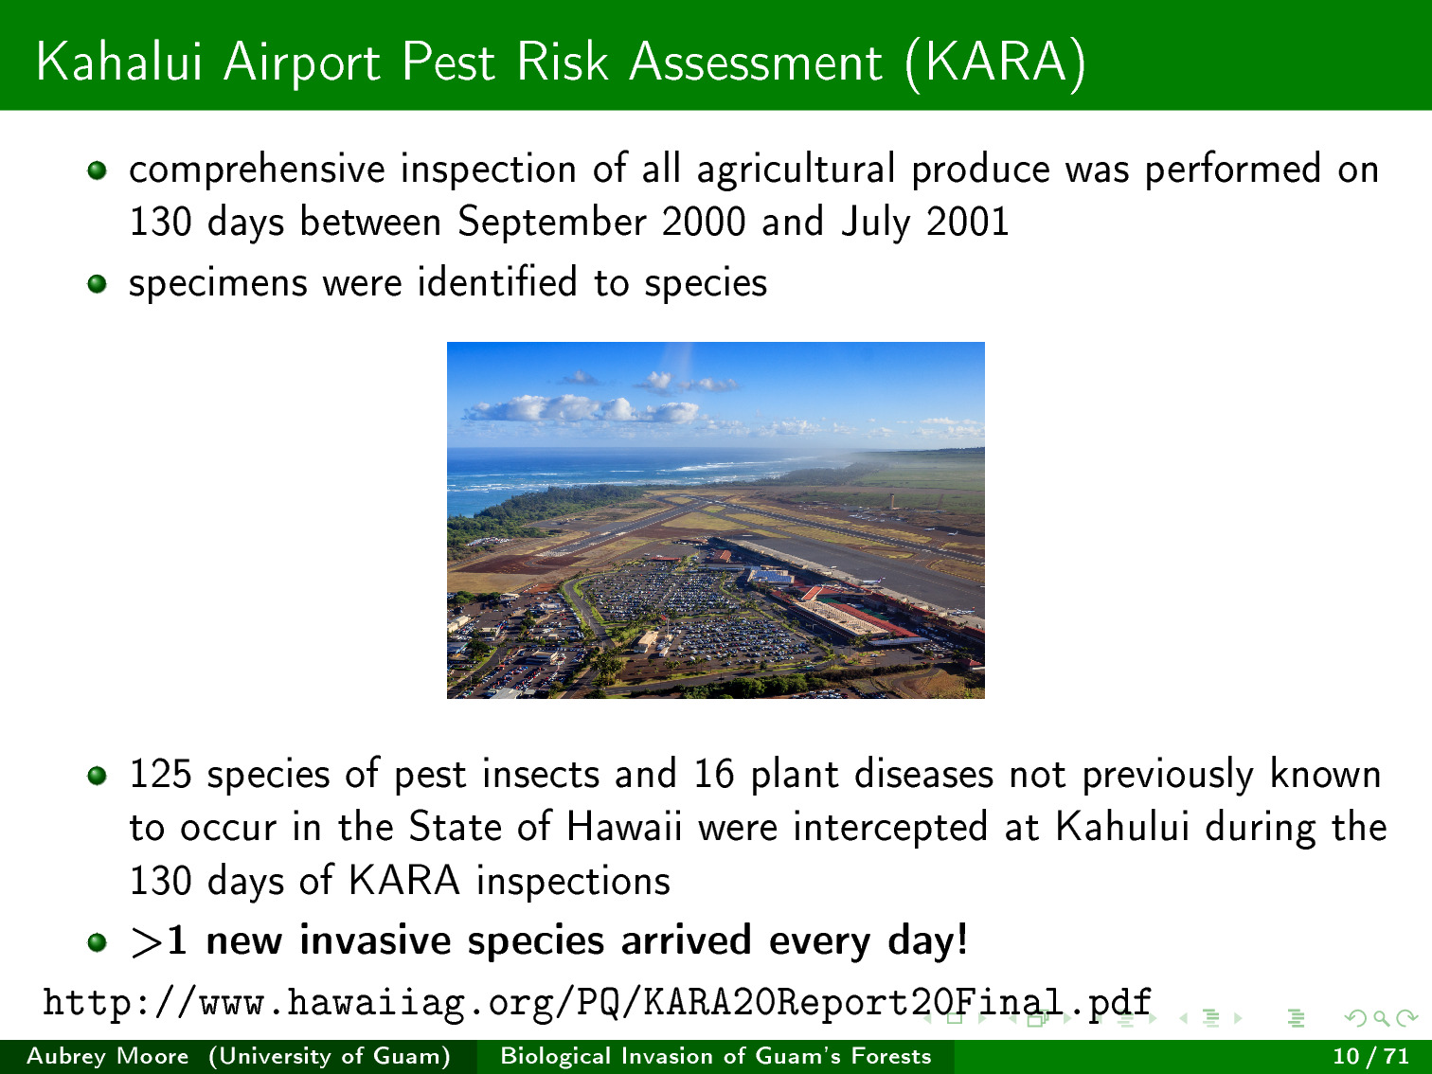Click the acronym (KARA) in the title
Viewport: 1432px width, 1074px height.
tap(995, 63)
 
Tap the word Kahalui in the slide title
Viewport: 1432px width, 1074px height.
tap(118, 62)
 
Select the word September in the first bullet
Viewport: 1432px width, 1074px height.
tap(551, 223)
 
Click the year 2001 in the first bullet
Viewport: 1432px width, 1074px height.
tap(968, 222)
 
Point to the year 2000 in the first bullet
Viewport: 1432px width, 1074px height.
tap(704, 222)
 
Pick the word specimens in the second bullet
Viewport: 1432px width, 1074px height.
tap(218, 284)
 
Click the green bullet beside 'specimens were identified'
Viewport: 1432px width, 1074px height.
tap(98, 284)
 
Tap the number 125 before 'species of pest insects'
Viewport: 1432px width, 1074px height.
tap(160, 774)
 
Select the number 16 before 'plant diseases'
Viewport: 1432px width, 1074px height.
tap(714, 774)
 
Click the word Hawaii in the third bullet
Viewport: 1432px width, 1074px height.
tap(624, 827)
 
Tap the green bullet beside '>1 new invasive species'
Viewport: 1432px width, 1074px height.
tap(98, 942)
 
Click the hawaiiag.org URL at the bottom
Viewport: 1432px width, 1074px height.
tap(597, 1003)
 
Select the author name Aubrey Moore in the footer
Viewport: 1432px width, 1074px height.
tap(108, 1056)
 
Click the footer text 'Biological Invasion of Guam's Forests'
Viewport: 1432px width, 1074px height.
tap(716, 1056)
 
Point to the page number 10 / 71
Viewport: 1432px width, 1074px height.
tap(1371, 1056)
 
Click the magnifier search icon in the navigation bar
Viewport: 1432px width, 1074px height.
tap(1381, 1018)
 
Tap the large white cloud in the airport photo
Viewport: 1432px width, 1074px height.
tap(581, 408)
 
